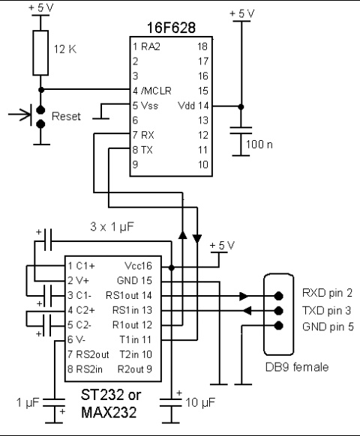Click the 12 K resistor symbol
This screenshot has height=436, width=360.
40,53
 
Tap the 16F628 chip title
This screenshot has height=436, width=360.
171,28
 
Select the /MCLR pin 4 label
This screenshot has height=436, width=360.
152,91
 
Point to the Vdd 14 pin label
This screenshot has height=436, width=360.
193,106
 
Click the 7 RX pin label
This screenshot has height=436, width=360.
143,135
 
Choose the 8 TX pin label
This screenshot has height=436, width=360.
142,150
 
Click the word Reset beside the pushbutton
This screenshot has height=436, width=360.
66,116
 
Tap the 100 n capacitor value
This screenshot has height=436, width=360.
259,145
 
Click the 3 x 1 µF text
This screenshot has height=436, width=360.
112,227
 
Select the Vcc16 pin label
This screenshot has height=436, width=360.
139,266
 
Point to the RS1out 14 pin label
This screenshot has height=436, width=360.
129,295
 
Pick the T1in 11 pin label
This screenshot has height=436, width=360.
136,339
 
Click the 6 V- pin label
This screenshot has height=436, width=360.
76,339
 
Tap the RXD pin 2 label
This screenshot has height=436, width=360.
328,293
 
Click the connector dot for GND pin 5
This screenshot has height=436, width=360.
279,325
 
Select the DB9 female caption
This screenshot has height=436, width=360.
297,367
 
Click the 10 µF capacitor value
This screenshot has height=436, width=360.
200,402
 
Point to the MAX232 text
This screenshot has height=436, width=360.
109,413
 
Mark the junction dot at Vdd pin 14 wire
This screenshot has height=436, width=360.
241,106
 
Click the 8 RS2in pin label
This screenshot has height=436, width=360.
85,369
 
